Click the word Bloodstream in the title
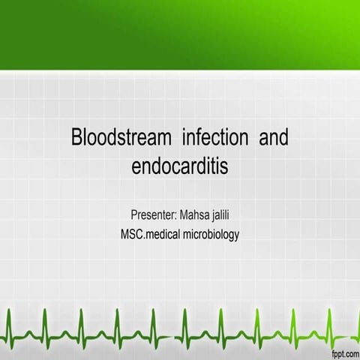pos(114,139)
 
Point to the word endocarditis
pos(179,166)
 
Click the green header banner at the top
pos(180,34)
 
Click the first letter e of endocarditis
pos(136,167)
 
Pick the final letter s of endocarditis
pos(223,167)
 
